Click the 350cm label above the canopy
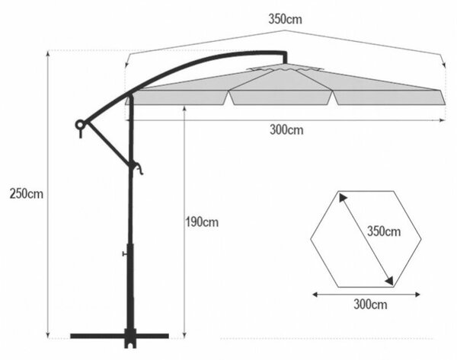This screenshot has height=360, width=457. tap(285, 19)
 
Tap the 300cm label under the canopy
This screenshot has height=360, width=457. tap(286, 129)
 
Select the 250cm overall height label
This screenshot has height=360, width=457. tap(26, 193)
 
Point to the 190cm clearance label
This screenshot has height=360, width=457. tap(203, 222)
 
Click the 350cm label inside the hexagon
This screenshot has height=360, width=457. tap(384, 231)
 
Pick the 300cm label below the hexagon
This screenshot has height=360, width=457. tap(370, 304)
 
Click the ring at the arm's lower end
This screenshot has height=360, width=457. tap(79, 125)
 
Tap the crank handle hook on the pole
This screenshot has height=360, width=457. tap(138, 168)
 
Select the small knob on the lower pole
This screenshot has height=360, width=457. tap(124, 254)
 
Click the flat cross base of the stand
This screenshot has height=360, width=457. tap(120, 336)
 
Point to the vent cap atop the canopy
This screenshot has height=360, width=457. tap(285, 68)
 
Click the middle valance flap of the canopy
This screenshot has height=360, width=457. tap(280, 97)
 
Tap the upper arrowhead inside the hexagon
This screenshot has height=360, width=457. tap(342, 198)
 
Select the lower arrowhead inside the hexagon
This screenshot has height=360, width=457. tap(389, 280)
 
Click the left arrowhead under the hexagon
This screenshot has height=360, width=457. tap(315, 295)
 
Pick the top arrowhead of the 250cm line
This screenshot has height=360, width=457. tap(48, 53)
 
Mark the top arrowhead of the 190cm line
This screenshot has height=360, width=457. tap(184, 109)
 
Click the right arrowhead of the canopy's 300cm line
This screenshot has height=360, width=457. tap(443, 120)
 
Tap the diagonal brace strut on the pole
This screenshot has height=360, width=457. tap(108, 143)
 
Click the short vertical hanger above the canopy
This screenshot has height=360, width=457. tap(285, 58)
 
